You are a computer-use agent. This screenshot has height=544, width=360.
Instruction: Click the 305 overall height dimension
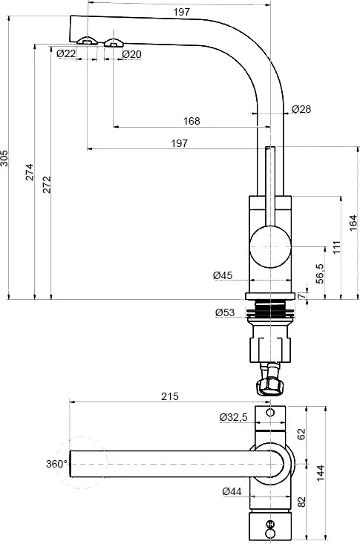click(4, 158)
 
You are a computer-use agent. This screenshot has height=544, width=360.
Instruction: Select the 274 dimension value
click(30, 171)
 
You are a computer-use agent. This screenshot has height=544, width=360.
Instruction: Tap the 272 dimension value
click(47, 185)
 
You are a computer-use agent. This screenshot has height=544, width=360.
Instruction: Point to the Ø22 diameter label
click(66, 53)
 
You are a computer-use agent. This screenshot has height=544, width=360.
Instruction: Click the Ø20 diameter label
click(132, 54)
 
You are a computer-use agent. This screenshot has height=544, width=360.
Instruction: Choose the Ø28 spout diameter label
click(301, 109)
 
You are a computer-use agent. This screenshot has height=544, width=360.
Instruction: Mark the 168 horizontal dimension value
click(192, 121)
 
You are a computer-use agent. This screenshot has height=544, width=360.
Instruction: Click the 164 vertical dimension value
click(353, 223)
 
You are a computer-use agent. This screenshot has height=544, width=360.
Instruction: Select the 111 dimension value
click(337, 247)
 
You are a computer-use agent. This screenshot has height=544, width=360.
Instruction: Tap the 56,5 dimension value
click(320, 274)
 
